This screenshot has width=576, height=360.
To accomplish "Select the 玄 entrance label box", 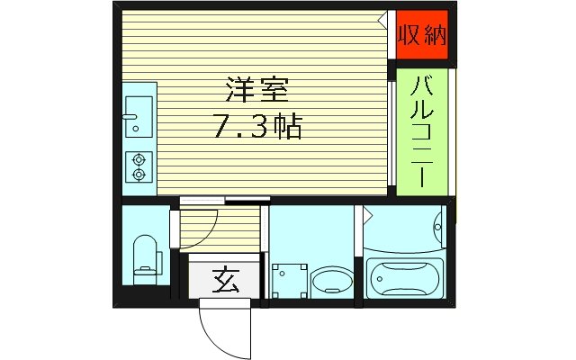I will [x=224, y=283].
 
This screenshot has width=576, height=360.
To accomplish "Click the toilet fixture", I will [x=144, y=256].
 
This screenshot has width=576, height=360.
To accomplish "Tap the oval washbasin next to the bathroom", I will [x=330, y=282].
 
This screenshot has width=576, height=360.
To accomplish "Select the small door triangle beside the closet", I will [x=385, y=18].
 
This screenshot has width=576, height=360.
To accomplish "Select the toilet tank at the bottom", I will [x=144, y=270].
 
